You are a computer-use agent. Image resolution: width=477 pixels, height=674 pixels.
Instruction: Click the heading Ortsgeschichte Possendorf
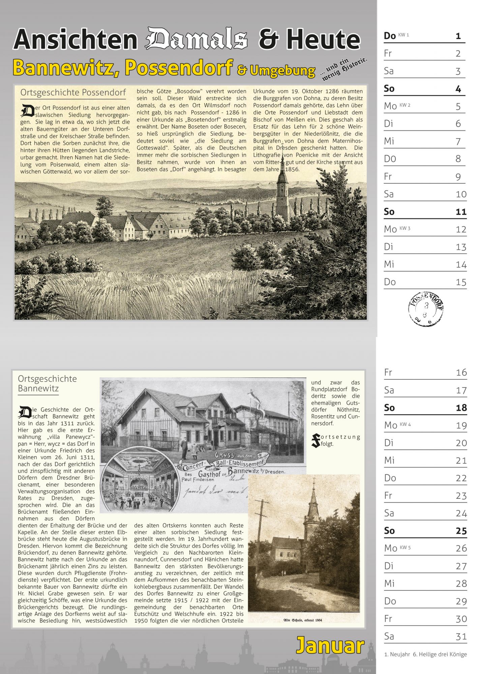pyautogui.click(x=73, y=92)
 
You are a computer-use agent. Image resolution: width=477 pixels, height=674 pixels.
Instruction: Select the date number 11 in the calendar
pyautogui.click(x=461, y=212)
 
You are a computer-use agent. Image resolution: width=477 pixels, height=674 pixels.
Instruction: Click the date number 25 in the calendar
pyautogui.click(x=461, y=531)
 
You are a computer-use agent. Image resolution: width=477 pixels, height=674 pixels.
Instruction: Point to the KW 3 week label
pyautogui.click(x=405, y=228)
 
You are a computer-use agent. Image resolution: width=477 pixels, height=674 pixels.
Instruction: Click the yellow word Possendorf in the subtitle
pyautogui.click(x=179, y=67)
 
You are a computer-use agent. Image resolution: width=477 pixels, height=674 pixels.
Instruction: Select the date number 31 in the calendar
pyautogui.click(x=461, y=636)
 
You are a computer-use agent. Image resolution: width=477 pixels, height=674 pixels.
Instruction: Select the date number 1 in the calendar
pyautogui.click(x=458, y=36)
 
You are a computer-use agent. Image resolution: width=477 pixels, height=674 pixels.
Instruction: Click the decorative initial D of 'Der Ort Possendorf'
pyautogui.click(x=27, y=111)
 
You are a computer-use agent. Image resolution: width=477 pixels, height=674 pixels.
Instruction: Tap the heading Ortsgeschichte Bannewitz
pyautogui.click(x=47, y=383)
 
